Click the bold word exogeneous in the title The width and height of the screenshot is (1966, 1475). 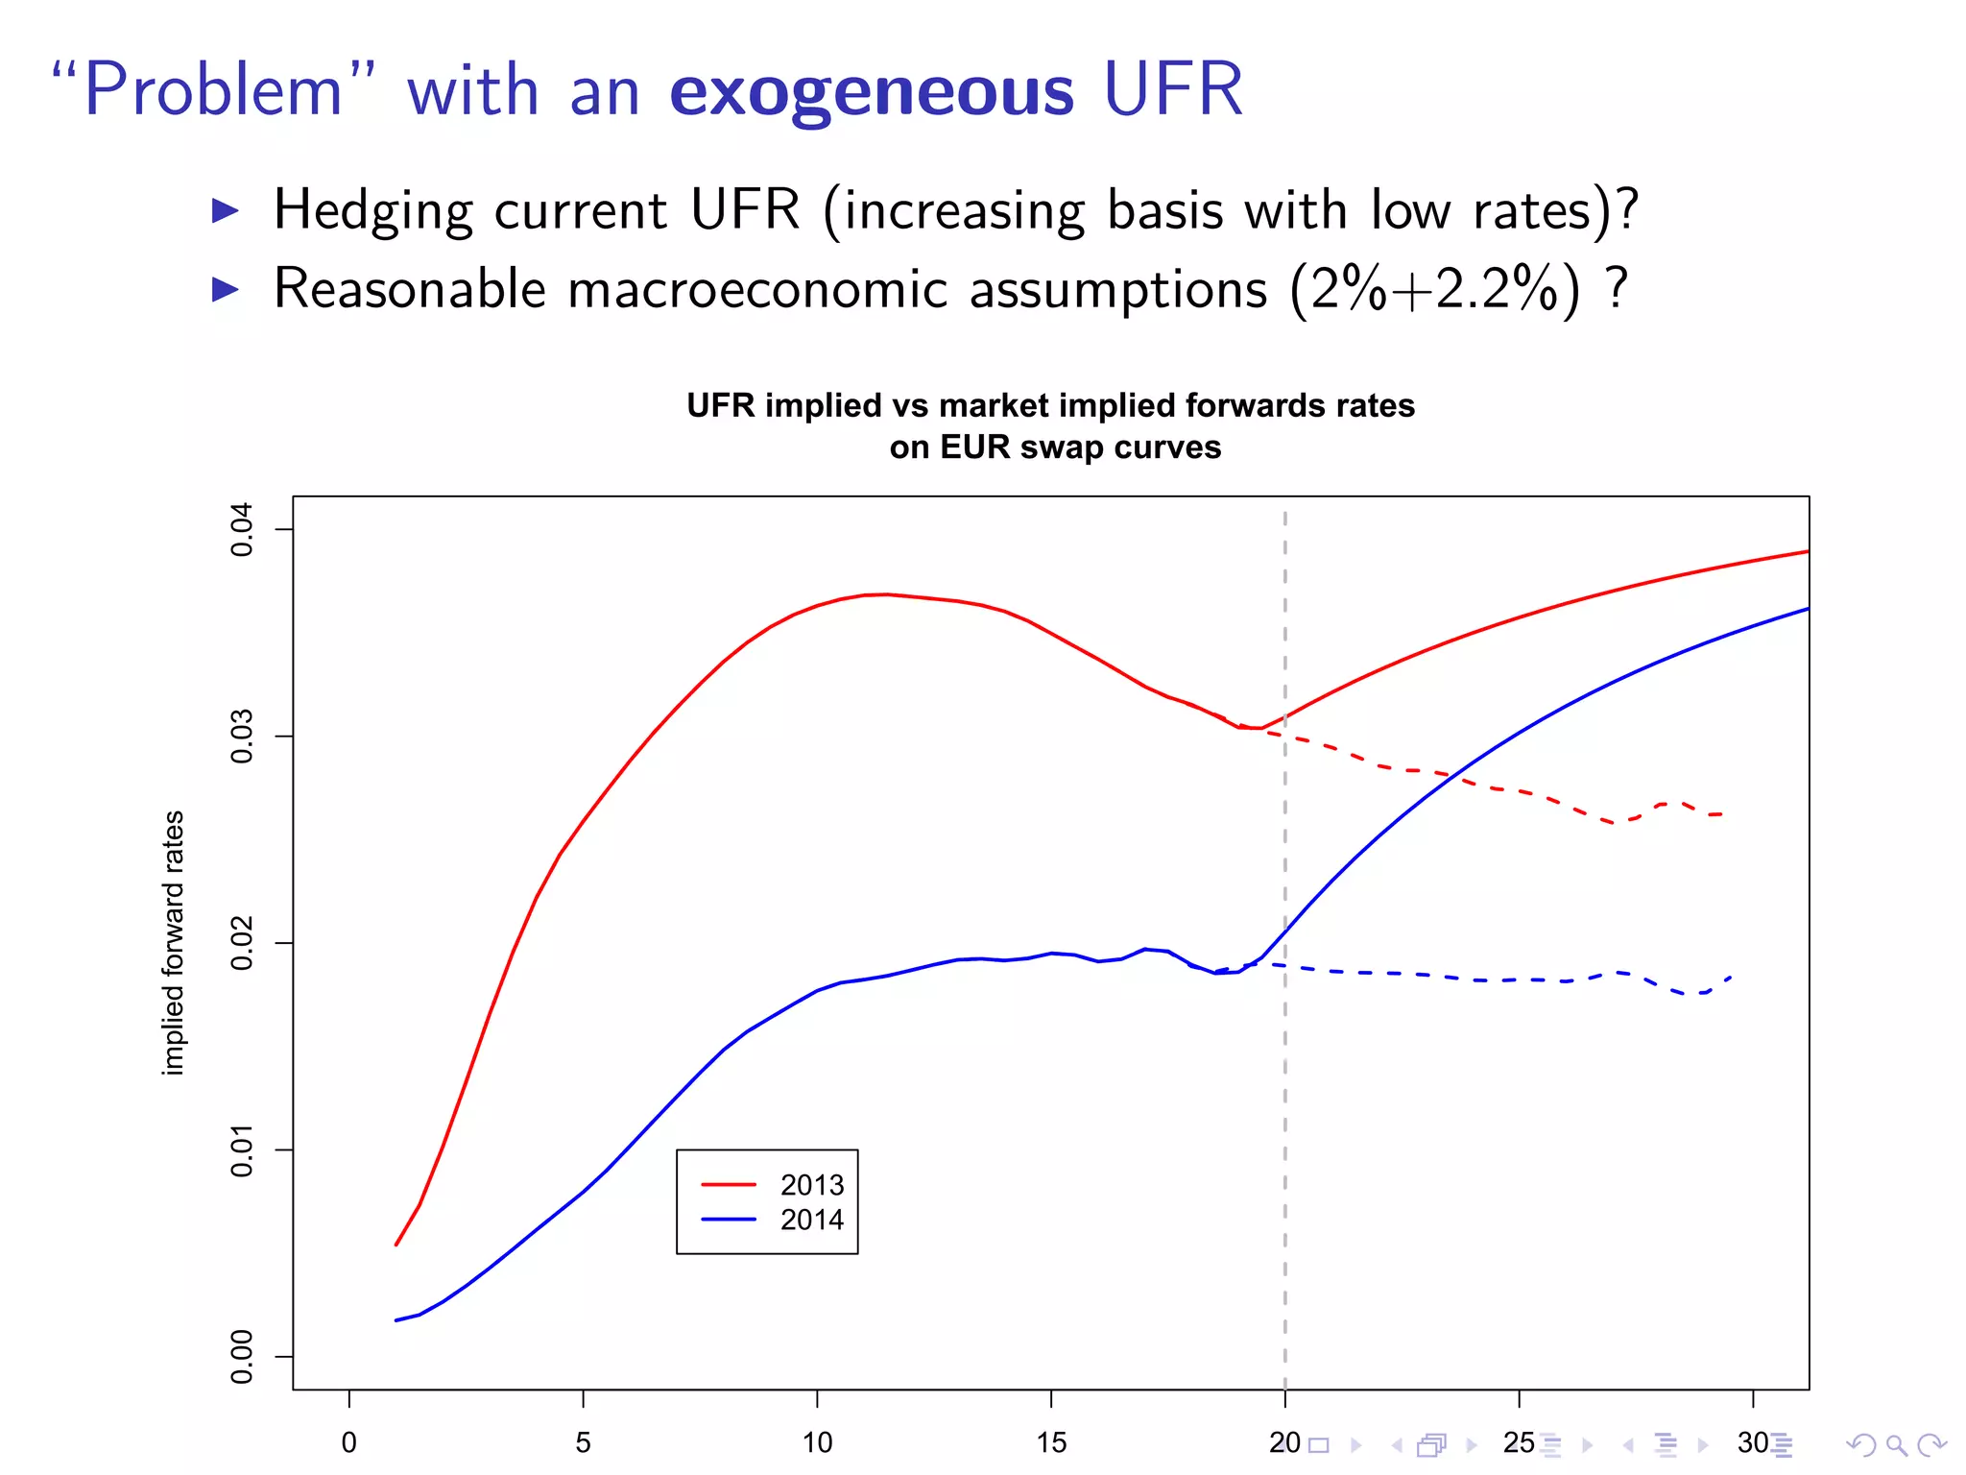871,91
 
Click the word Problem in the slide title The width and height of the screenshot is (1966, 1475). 213,91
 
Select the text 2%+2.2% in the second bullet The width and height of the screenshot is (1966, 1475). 1434,288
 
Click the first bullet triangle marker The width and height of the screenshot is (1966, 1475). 225,210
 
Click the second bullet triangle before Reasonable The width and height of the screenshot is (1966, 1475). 225,288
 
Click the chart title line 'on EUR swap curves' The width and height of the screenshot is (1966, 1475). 1054,447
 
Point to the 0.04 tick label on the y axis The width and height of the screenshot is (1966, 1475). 242,529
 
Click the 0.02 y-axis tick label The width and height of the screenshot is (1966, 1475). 242,943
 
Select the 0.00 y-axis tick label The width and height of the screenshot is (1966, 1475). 242,1357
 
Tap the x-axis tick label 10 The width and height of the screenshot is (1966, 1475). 817,1442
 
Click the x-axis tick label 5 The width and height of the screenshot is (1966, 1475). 583,1442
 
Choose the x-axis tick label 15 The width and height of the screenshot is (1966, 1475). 1051,1442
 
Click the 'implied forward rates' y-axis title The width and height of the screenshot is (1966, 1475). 174,943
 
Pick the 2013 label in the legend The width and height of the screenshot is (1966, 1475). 811,1185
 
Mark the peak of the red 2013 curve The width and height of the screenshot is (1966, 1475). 885,594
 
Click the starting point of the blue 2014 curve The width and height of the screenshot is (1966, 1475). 396,1320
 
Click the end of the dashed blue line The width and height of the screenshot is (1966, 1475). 1731,977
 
